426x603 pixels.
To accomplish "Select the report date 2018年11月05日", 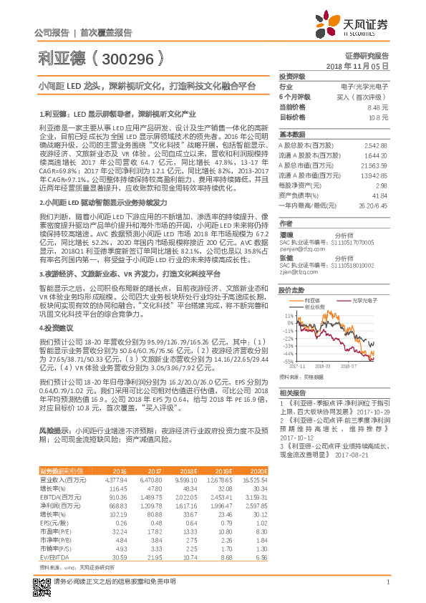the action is click(364, 65).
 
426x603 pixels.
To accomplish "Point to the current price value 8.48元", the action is click(378, 106).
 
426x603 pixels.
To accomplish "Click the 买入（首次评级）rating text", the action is click(365, 96).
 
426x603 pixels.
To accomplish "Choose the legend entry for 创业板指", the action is click(316, 286).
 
